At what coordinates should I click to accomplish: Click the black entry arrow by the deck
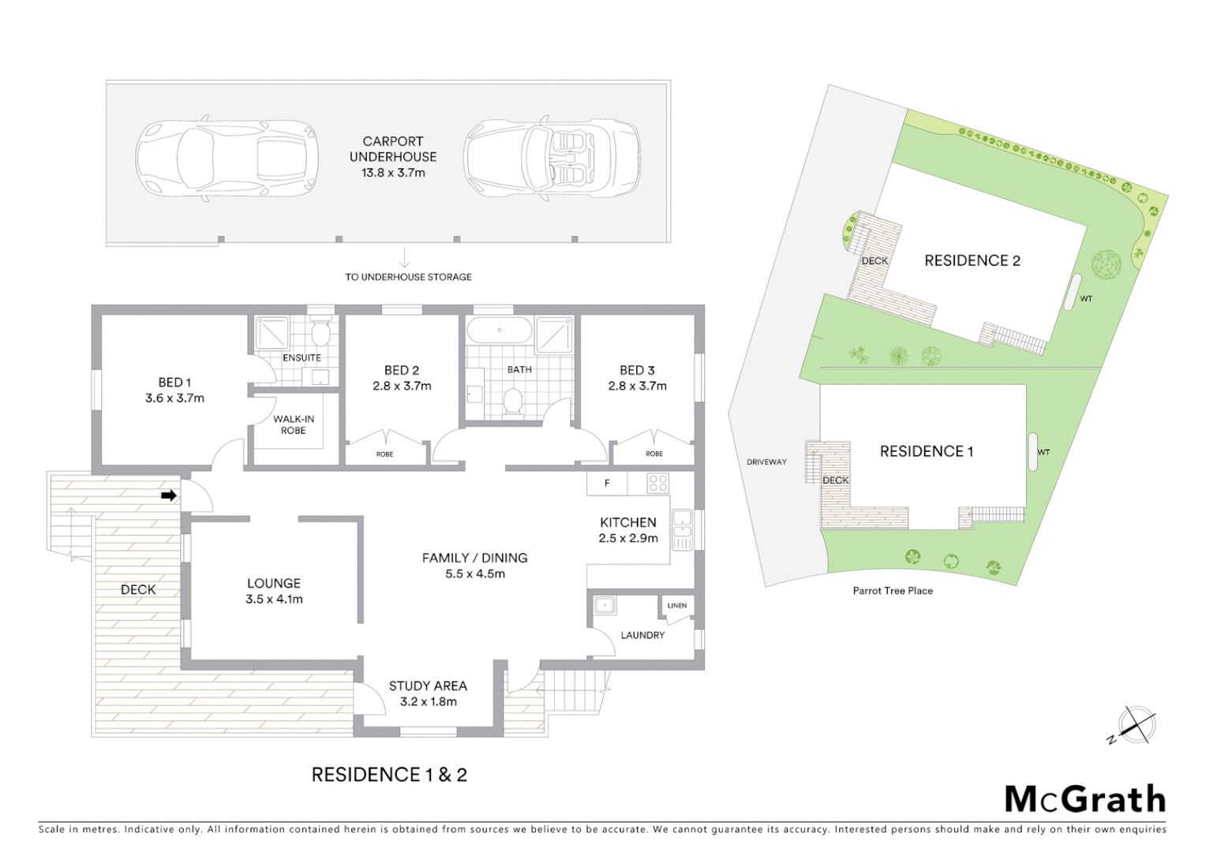tap(168, 495)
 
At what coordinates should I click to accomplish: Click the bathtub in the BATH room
tap(499, 330)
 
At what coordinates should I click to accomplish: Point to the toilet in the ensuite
tap(320, 334)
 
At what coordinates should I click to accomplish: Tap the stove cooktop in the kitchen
tap(657, 483)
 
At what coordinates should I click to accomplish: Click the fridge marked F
tap(606, 483)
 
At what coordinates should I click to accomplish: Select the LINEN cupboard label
tap(676, 606)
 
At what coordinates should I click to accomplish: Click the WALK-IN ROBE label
tap(294, 424)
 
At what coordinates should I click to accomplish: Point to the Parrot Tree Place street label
tap(892, 590)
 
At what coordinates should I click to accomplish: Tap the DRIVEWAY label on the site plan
tap(766, 461)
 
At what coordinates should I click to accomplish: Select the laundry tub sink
tap(605, 606)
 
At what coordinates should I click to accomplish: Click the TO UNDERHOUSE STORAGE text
tap(408, 277)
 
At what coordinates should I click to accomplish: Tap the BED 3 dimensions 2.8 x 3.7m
tap(637, 386)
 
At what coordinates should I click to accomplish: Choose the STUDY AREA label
tap(428, 686)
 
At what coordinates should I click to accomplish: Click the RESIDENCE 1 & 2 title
tap(389, 775)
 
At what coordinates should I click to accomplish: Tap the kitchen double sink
tap(681, 529)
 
